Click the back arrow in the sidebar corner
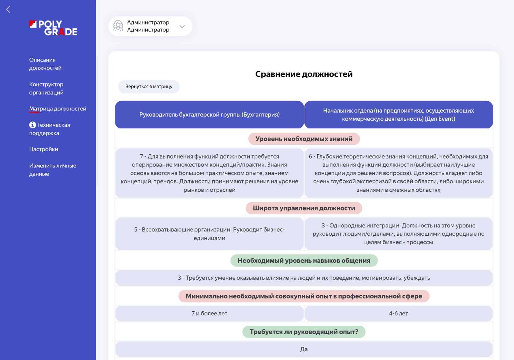click(x=8, y=9)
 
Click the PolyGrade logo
click(x=53, y=28)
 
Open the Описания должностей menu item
click(x=45, y=64)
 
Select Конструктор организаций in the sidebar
click(x=46, y=88)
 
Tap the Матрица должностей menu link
click(x=58, y=109)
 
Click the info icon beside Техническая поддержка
click(x=32, y=125)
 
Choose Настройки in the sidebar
click(x=44, y=149)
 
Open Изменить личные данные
click(x=53, y=170)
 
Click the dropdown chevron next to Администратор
click(x=182, y=27)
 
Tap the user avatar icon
click(x=118, y=26)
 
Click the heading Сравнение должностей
click(x=304, y=74)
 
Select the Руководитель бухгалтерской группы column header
click(x=210, y=114)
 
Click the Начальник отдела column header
click(x=398, y=114)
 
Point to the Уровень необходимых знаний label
click(x=304, y=139)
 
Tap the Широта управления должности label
click(x=304, y=208)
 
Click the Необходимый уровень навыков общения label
click(x=304, y=261)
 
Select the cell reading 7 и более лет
click(x=210, y=313)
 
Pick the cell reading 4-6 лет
click(x=398, y=313)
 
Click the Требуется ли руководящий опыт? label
click(x=304, y=332)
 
